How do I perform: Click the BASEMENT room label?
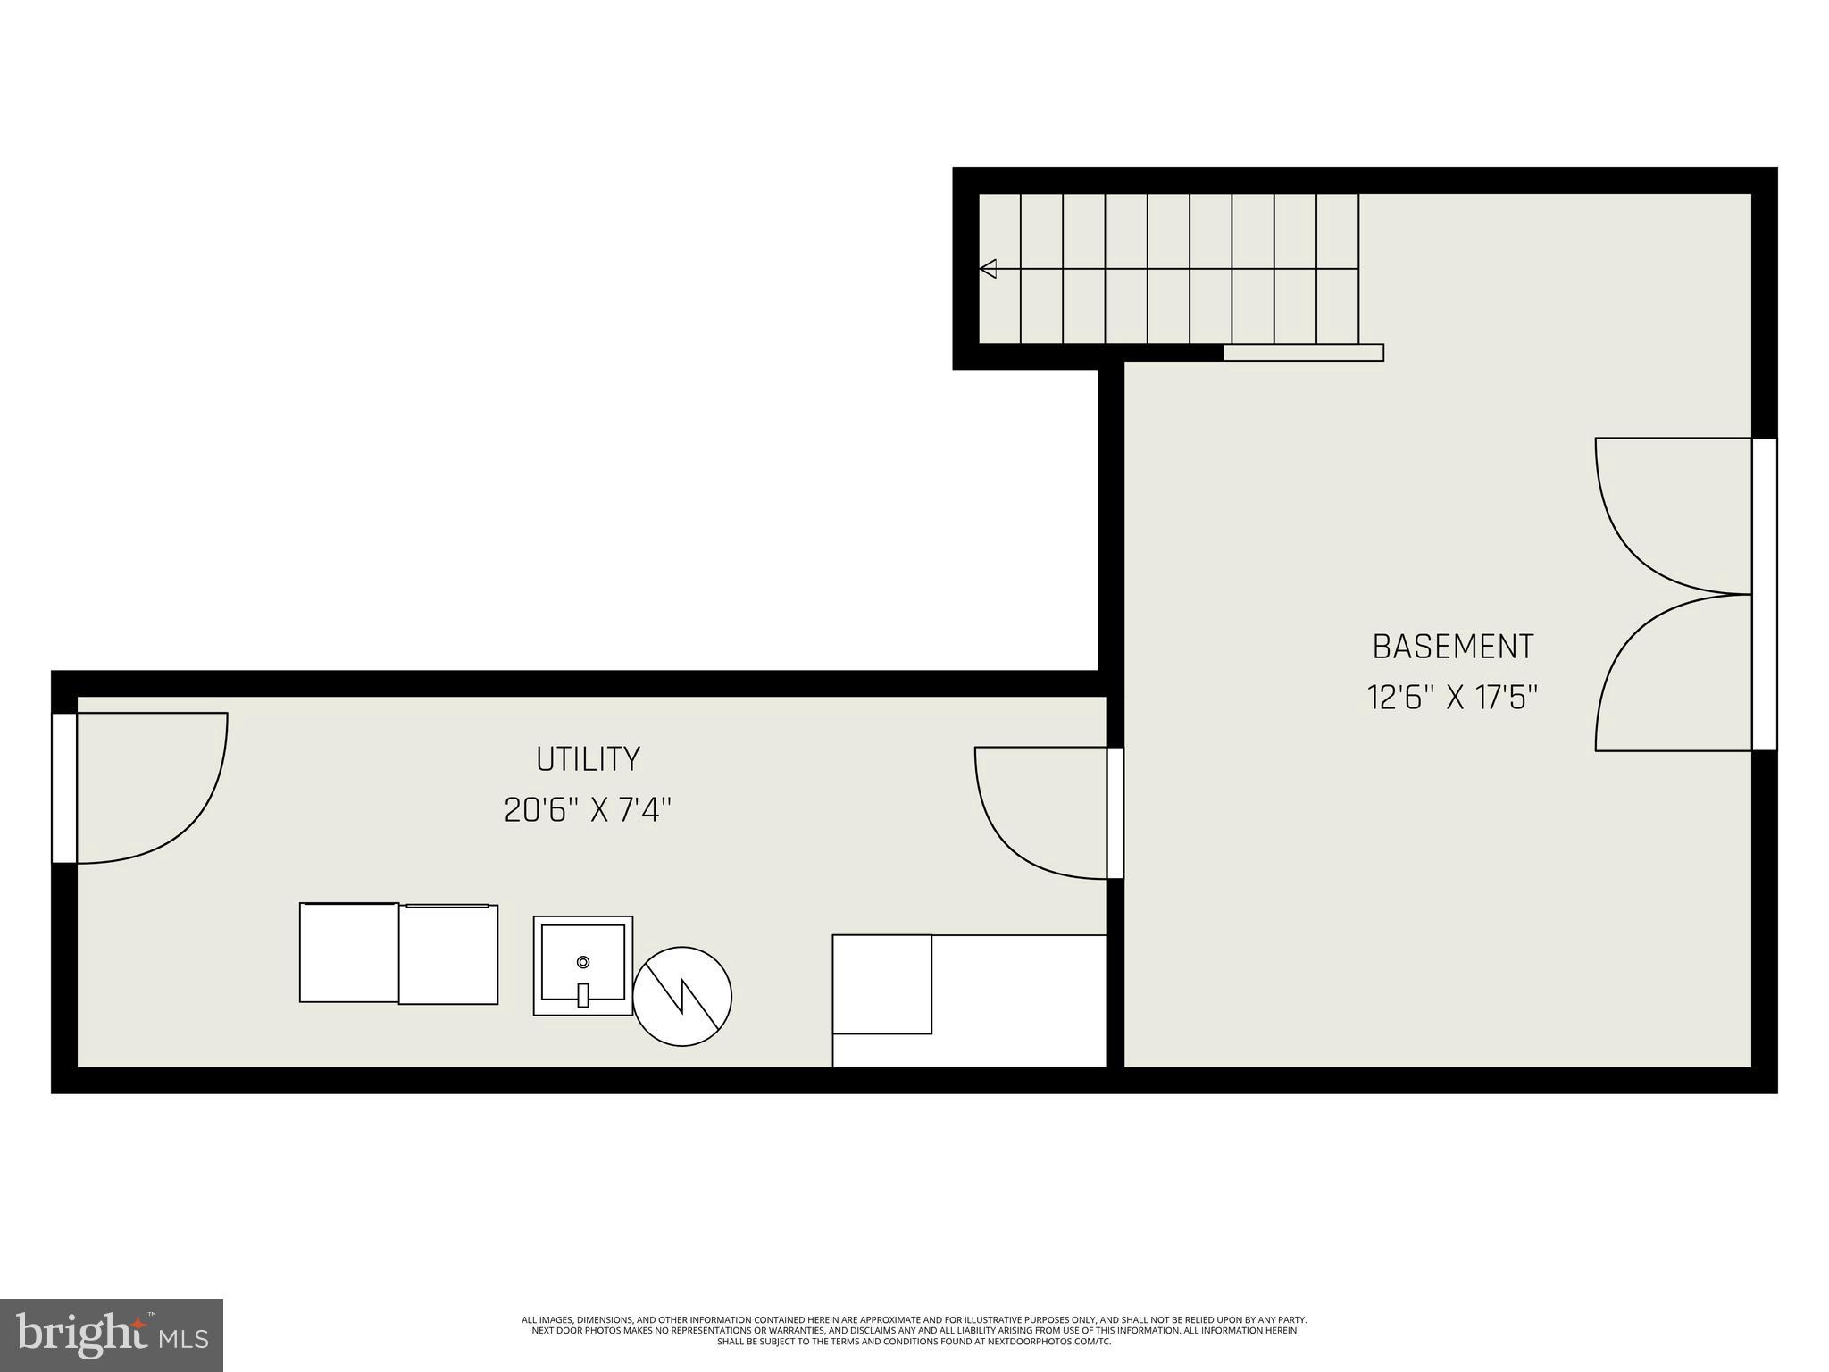[x=1453, y=647]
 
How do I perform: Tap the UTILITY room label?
[x=588, y=759]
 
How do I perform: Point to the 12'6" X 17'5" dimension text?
[x=1453, y=698]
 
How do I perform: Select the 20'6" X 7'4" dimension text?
[x=588, y=811]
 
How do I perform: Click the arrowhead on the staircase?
[x=989, y=268]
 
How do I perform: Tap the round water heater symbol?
[x=682, y=996]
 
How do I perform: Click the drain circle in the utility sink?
[x=583, y=962]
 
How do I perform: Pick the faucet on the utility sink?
[x=583, y=994]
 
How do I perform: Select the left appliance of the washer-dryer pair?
[x=349, y=952]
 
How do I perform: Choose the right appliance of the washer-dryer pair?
[x=448, y=954]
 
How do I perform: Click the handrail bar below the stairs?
[x=1303, y=353]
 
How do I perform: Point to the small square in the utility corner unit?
[x=882, y=984]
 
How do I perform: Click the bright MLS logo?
[x=112, y=1334]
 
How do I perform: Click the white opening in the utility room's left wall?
[x=64, y=788]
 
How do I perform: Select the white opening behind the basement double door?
[x=1764, y=594]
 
